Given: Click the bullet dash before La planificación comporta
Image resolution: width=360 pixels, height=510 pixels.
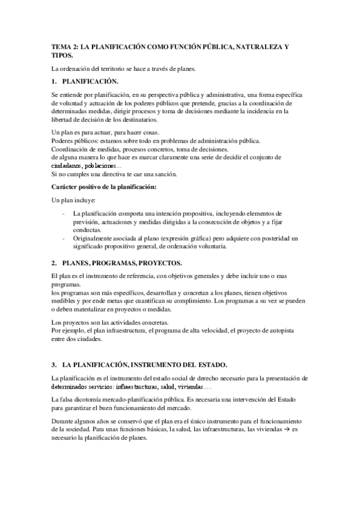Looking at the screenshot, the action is [64, 214].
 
